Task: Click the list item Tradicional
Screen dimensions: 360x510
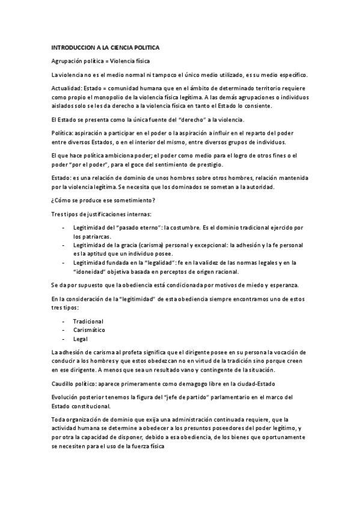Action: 88,321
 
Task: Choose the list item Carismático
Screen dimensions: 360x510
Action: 89,330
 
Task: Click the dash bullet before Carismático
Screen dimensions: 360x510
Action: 64,330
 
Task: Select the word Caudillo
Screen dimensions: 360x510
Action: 64,383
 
